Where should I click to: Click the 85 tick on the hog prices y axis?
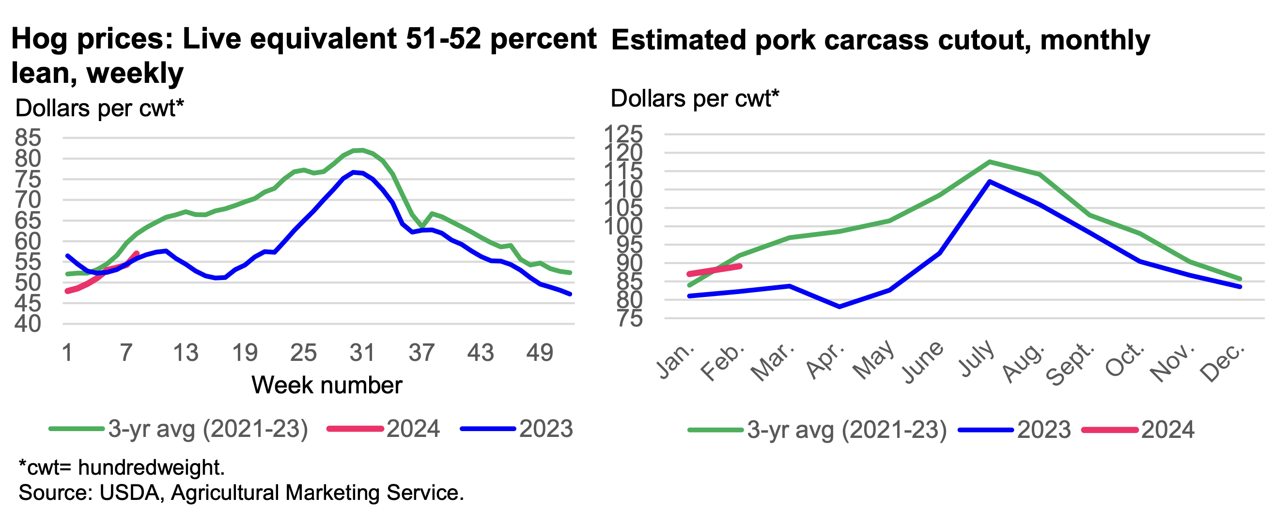click(28, 138)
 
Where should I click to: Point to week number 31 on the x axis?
click(362, 353)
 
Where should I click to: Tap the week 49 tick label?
click(539, 353)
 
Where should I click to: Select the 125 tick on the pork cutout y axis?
click(622, 134)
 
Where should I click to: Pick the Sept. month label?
click(1070, 364)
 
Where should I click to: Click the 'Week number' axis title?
click(327, 385)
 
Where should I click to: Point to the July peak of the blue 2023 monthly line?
click(989, 181)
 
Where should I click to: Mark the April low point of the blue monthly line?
click(840, 307)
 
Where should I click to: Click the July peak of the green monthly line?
click(989, 161)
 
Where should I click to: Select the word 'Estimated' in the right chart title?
click(678, 40)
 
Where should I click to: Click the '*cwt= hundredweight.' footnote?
click(122, 467)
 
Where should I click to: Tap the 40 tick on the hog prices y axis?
click(28, 324)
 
